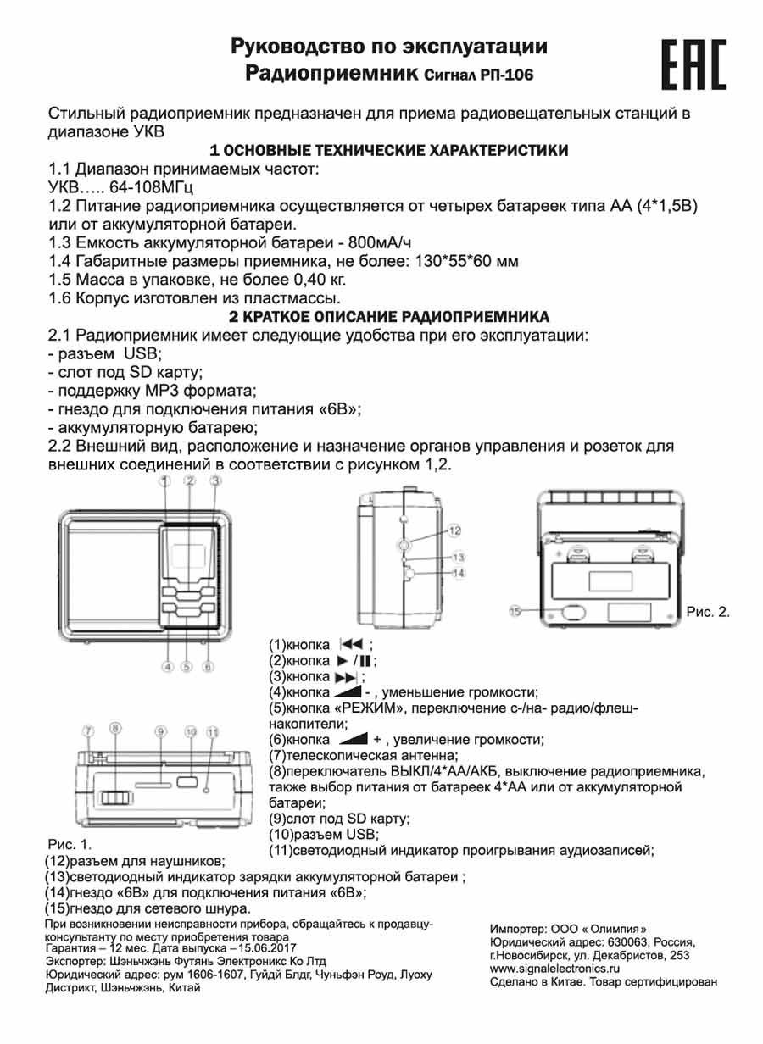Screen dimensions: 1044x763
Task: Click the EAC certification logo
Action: click(x=693, y=64)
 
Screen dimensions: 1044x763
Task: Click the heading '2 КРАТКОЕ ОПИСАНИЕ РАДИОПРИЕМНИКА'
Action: click(x=389, y=317)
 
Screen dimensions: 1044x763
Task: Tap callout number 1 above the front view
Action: click(x=165, y=481)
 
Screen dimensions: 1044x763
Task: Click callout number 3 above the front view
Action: click(x=215, y=481)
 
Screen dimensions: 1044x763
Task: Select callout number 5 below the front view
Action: click(x=187, y=666)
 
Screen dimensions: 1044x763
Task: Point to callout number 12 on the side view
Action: click(x=454, y=530)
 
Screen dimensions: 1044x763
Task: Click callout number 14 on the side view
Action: click(x=459, y=574)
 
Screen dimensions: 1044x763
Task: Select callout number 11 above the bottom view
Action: click(x=213, y=731)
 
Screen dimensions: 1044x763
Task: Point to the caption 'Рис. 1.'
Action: click(x=69, y=845)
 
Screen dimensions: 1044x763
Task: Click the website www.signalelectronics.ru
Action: click(x=555, y=968)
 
